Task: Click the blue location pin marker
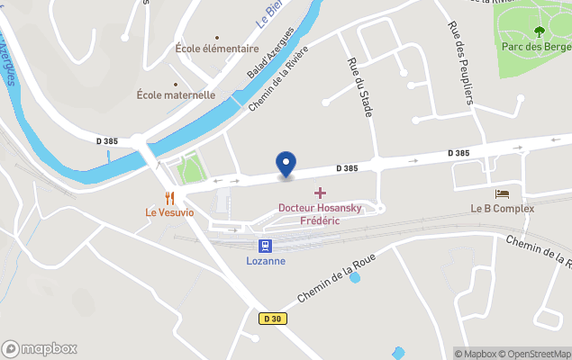(x=286, y=165)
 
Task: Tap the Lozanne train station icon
(x=266, y=245)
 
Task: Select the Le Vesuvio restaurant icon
(x=168, y=197)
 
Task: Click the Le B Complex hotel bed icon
(x=502, y=193)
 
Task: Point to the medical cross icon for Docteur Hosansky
(x=320, y=193)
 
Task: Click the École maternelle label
(x=176, y=94)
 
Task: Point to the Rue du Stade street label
(x=360, y=87)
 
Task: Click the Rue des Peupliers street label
(x=460, y=63)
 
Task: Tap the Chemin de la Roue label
(x=337, y=275)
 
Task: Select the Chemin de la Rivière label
(x=278, y=78)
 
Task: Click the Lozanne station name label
(x=266, y=261)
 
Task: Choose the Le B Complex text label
(x=502, y=209)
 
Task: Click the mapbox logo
(x=40, y=348)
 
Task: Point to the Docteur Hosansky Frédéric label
(x=320, y=214)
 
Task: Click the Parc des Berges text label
(x=535, y=47)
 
